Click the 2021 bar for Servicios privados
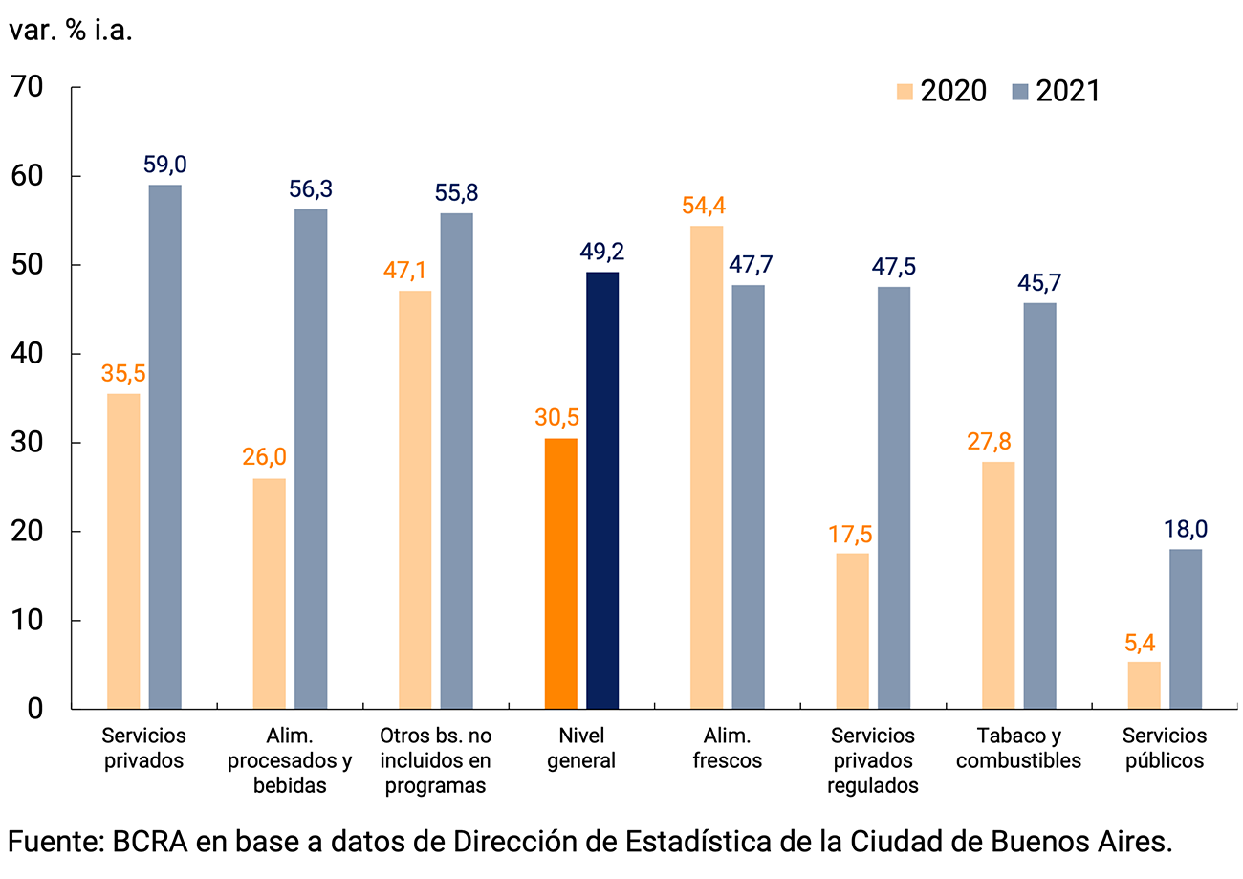click(164, 447)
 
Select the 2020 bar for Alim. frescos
click(707, 468)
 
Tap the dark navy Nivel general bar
click(602, 491)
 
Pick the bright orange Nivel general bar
click(560, 574)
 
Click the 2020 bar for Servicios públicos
click(1144, 685)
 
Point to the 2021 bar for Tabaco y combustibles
click(1039, 506)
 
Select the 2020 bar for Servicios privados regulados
click(852, 631)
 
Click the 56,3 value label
click(311, 189)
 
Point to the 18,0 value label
click(1186, 530)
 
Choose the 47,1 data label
click(414, 271)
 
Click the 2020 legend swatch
click(905, 91)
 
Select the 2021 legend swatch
click(1019, 91)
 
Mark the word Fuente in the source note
click(54, 843)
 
